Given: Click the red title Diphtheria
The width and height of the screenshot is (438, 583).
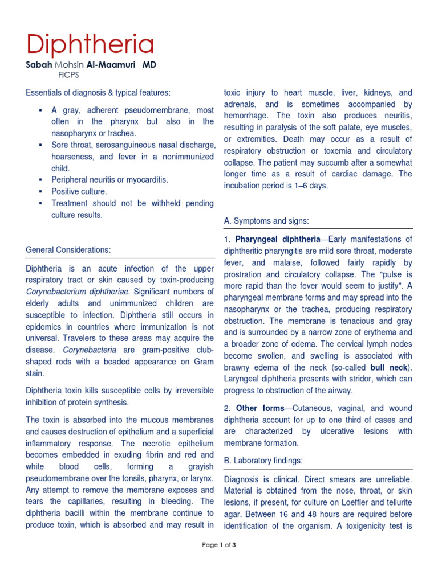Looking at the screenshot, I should (x=90, y=44).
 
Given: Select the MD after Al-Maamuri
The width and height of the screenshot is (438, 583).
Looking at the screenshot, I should (x=149, y=65).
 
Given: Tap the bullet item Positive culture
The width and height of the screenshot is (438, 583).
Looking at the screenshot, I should (x=79, y=191).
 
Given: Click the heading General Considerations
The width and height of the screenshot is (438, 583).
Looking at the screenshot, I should (x=68, y=249).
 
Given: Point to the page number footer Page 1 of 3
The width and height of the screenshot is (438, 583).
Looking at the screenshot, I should (x=219, y=545).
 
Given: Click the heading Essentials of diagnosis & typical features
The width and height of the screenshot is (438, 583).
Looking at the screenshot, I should (x=98, y=92).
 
